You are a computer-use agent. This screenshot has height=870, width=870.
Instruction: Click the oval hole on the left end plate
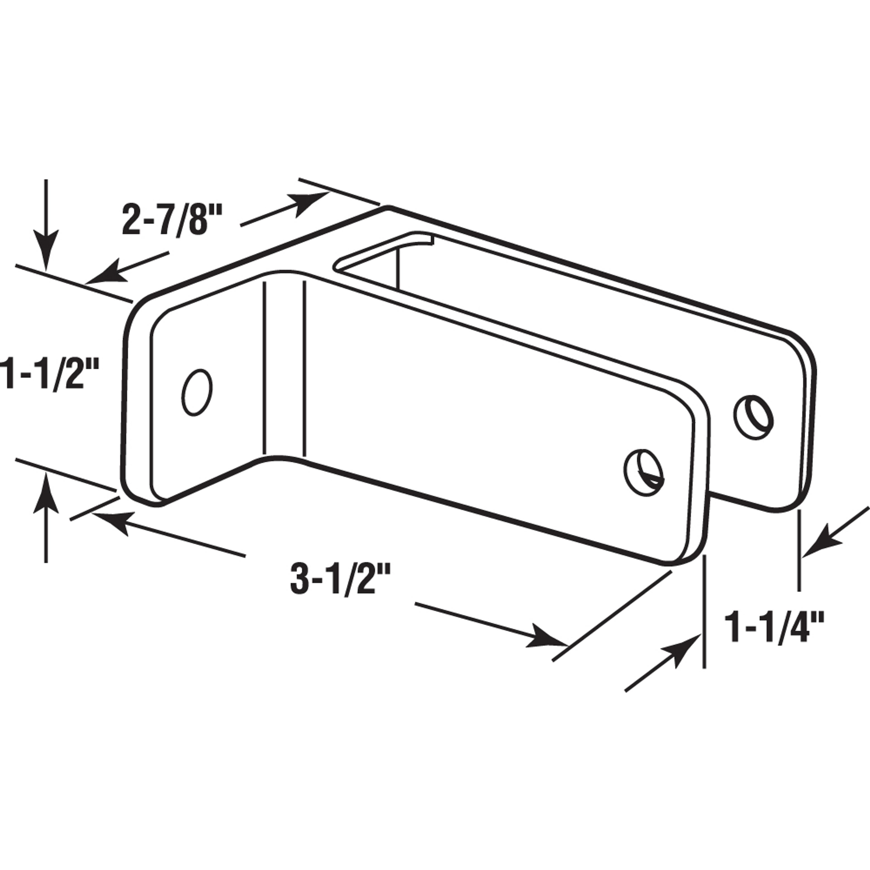(x=197, y=392)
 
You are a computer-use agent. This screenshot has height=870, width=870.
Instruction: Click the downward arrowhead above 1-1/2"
(x=46, y=252)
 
